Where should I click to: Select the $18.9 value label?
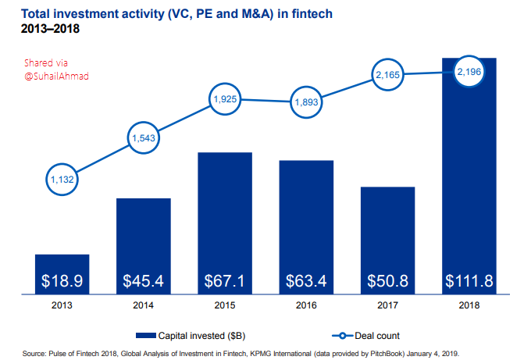62,281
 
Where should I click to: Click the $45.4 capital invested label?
144,281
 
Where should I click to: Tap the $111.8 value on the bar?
469,281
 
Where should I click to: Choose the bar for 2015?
225,223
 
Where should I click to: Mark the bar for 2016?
306,227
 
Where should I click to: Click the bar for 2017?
387,241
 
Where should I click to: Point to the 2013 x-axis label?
62,305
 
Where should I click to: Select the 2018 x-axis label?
469,305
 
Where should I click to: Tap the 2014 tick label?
144,305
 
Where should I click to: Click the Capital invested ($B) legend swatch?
146,336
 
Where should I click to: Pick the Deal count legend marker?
342,336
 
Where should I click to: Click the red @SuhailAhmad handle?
56,77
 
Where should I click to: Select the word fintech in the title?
312,14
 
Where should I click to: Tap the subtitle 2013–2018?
50,29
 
